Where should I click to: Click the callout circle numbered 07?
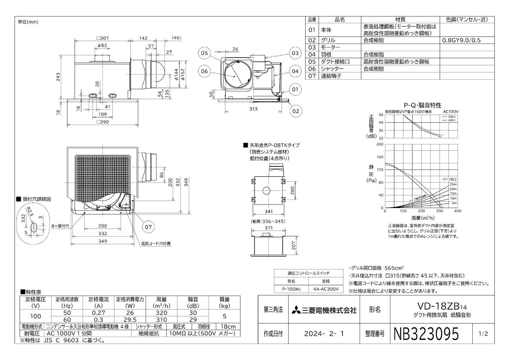tap(148, 227)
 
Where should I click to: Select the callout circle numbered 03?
tap(295, 53)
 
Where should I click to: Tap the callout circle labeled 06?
tap(204, 71)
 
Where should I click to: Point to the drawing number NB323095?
tap(427, 334)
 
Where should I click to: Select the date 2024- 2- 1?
tap(324, 334)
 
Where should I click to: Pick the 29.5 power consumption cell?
tap(129, 320)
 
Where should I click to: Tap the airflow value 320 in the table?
tap(162, 313)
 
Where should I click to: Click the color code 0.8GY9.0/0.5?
tap(461, 40)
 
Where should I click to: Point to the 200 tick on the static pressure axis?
tap(380, 144)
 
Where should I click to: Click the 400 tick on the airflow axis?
tap(458, 211)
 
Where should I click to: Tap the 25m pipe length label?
tap(453, 184)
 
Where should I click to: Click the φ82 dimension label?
tap(102, 45)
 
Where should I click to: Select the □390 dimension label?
tap(103, 122)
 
